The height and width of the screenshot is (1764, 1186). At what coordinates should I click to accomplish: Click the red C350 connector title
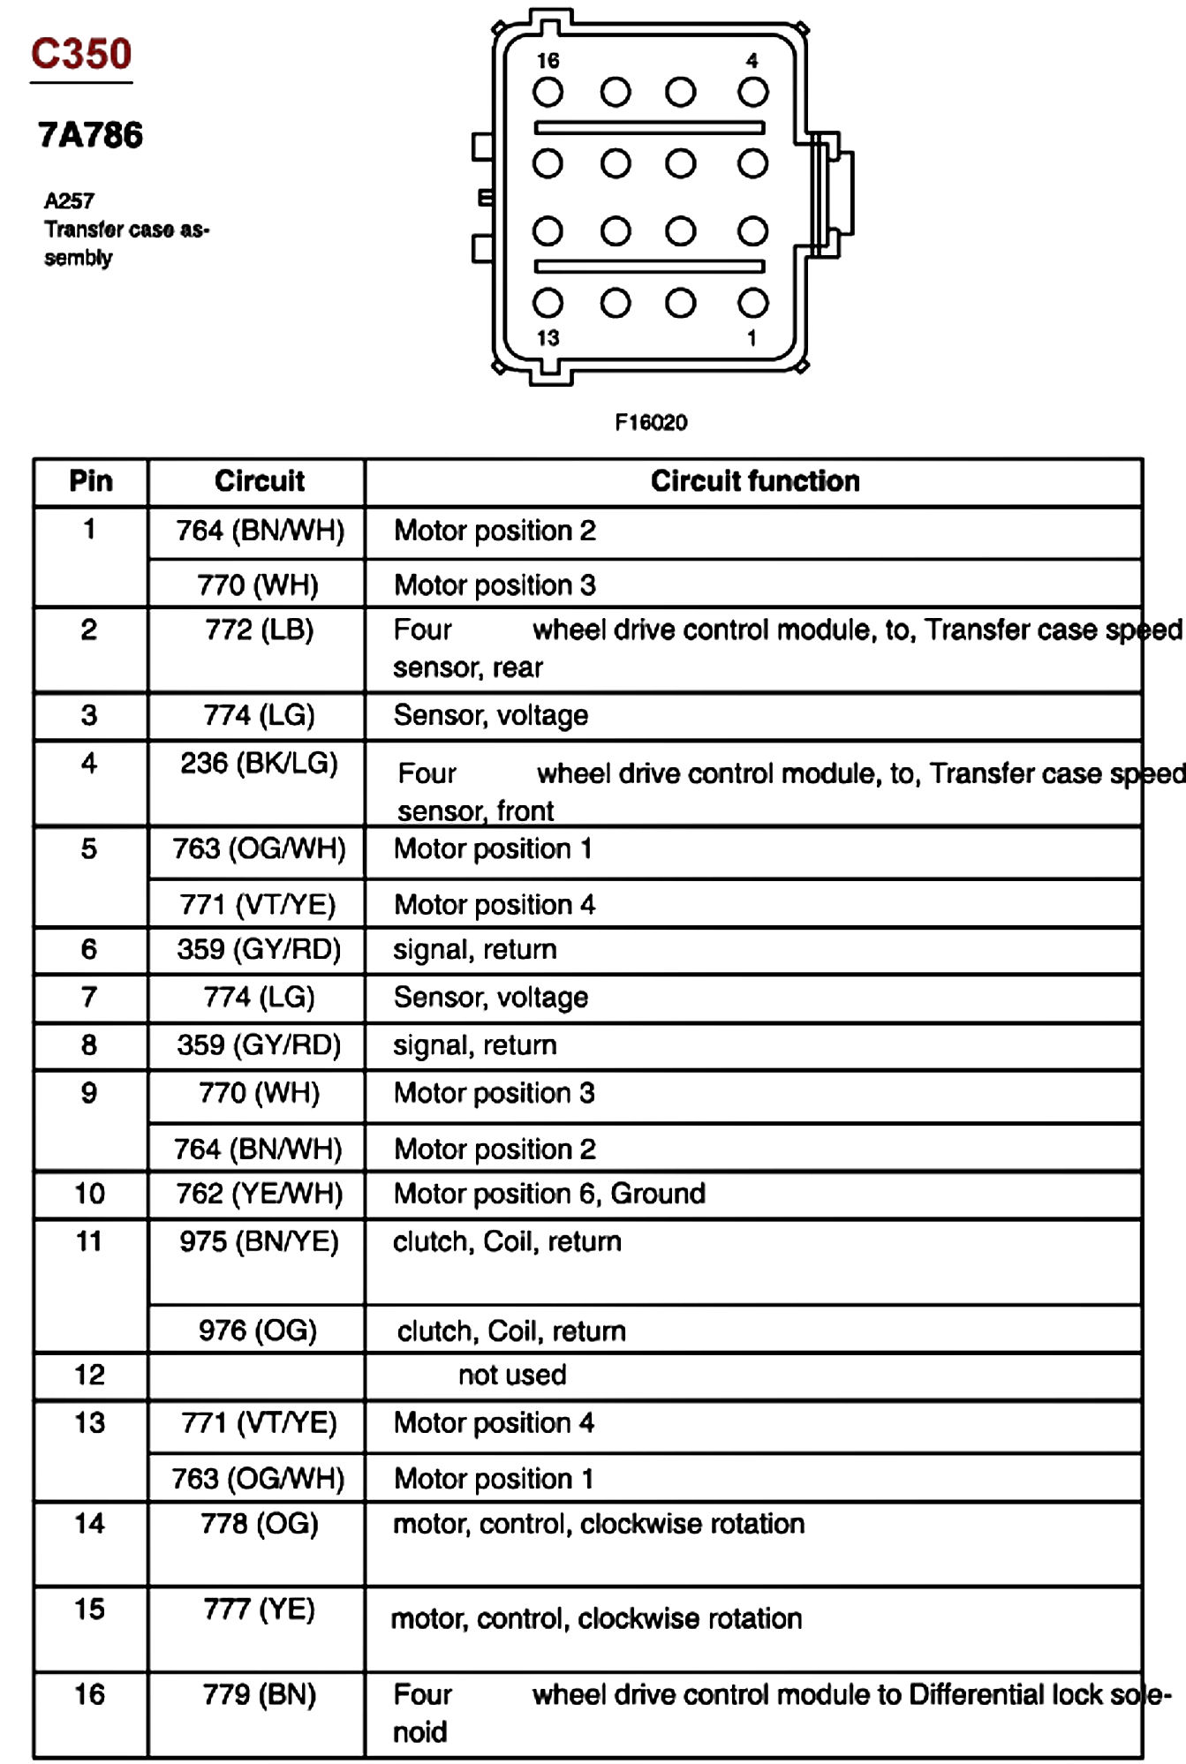[x=81, y=55]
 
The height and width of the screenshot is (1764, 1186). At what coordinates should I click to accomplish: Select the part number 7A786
[x=90, y=135]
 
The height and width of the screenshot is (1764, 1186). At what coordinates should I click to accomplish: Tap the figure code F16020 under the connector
[x=651, y=422]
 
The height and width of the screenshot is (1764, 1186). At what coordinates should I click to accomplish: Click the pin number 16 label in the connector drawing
[x=548, y=61]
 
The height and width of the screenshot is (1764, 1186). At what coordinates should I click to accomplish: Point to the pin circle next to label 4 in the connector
[x=752, y=92]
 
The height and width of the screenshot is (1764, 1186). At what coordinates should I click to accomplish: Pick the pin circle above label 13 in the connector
[x=548, y=303]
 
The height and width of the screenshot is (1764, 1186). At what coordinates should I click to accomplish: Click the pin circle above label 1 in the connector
[x=752, y=303]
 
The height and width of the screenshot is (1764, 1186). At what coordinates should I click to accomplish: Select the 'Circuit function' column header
[x=754, y=481]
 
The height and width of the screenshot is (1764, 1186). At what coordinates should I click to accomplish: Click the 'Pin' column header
[x=91, y=481]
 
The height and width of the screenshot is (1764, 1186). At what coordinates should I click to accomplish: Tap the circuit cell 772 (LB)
[x=259, y=629]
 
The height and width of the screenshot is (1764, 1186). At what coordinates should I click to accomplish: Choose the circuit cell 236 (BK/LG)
[x=259, y=763]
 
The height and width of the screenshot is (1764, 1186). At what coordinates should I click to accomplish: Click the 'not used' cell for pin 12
[x=512, y=1375]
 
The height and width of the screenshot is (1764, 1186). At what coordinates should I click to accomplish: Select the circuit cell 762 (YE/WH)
[x=259, y=1194]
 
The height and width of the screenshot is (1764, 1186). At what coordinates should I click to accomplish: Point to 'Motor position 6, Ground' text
[x=549, y=1194]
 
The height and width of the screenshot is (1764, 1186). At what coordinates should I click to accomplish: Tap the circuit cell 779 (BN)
[x=259, y=1694]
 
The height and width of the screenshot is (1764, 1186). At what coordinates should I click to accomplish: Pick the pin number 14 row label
[x=89, y=1523]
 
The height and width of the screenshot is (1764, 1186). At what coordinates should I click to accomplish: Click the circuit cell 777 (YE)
[x=259, y=1609]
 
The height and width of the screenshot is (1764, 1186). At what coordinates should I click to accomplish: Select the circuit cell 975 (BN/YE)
[x=259, y=1241]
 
